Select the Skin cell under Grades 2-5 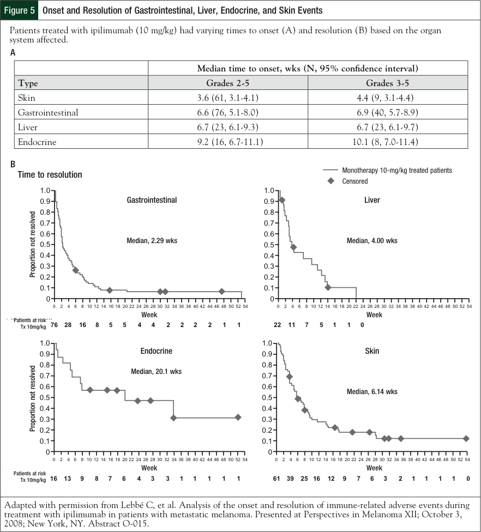228,98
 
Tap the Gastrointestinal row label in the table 49,113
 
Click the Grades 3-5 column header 388,83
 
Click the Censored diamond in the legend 330,181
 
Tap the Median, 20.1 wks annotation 157,371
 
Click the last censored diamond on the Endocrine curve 238,417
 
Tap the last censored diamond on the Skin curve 466,438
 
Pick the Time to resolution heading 50,174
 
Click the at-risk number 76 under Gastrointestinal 55,325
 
